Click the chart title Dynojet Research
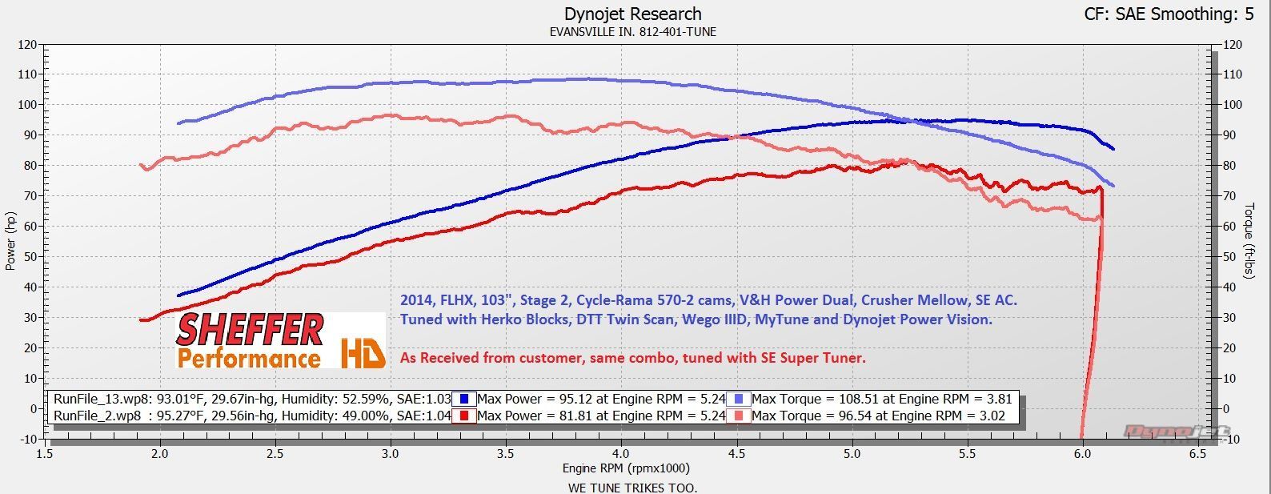(x=632, y=14)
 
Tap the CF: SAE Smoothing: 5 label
(x=1169, y=14)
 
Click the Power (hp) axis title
(x=10, y=240)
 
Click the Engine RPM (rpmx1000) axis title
(x=626, y=468)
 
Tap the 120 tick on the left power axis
(x=26, y=45)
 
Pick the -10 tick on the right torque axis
(x=1231, y=439)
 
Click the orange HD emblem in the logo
(x=363, y=353)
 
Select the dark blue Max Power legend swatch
(x=464, y=399)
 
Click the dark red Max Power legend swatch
(x=464, y=416)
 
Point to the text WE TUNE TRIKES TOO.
(x=632, y=487)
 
